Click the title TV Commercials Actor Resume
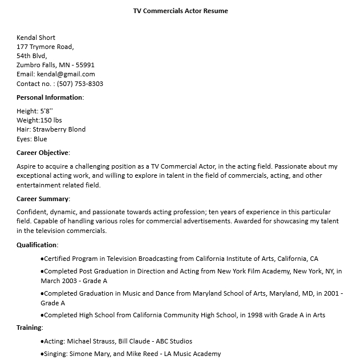(x=180, y=11)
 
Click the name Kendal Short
(x=35, y=38)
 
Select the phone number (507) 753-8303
(x=80, y=84)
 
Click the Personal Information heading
(x=50, y=97)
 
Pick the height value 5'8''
(x=46, y=111)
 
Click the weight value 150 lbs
(x=51, y=120)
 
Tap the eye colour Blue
(x=40, y=139)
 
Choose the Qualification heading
(x=37, y=245)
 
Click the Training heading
(x=30, y=328)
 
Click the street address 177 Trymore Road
(x=45, y=47)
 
